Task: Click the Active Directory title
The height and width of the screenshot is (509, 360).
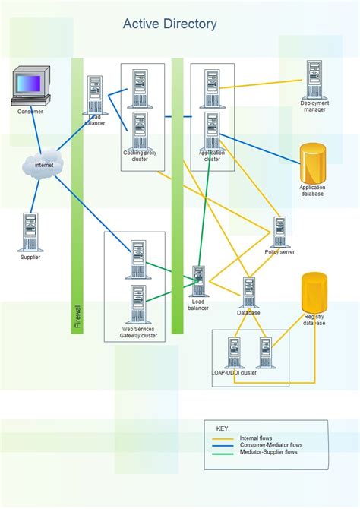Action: [169, 24]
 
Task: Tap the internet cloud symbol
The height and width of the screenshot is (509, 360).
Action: [43, 165]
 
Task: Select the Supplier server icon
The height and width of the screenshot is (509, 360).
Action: [30, 232]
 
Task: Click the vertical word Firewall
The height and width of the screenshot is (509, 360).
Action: [77, 317]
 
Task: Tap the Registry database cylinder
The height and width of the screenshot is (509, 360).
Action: [314, 292]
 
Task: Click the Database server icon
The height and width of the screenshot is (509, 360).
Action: [248, 292]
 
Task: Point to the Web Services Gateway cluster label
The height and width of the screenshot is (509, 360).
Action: [139, 332]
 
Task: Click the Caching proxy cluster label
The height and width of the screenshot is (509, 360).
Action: [140, 156]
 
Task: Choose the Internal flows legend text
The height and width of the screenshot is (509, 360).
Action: [256, 438]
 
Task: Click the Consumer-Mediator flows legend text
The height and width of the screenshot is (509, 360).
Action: [271, 445]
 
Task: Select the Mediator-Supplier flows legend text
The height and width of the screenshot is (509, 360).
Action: [268, 452]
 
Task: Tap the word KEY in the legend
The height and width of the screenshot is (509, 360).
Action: [223, 428]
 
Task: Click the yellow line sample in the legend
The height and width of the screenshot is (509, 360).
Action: [223, 438]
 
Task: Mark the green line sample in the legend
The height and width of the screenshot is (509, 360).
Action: [223, 452]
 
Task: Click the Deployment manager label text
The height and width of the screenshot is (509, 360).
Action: [313, 106]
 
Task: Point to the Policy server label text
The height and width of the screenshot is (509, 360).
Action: [279, 252]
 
